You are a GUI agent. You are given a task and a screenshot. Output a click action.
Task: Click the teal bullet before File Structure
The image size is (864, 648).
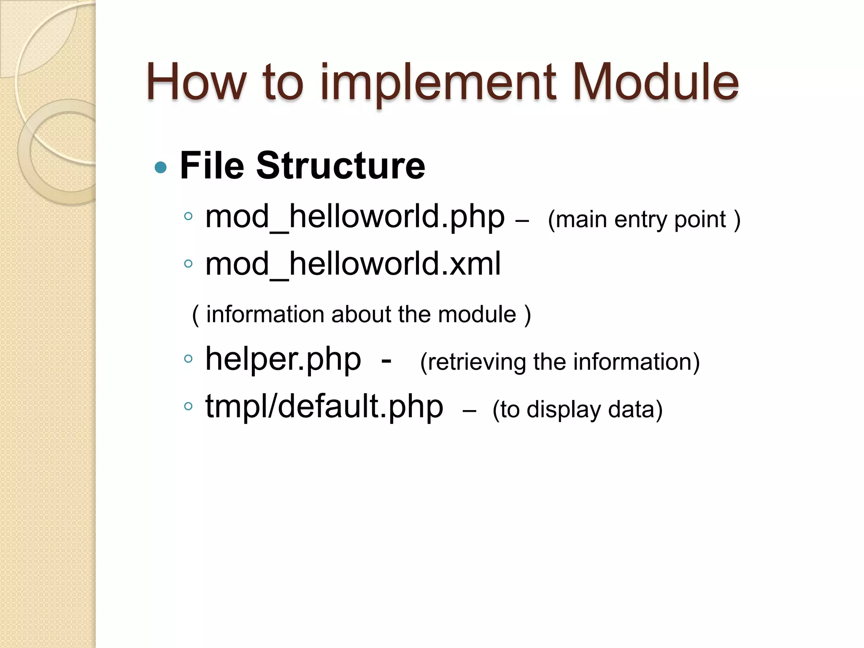[161, 167]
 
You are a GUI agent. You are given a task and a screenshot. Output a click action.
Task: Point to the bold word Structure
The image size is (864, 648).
[340, 165]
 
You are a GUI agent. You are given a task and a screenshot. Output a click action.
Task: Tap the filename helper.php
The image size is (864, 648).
[283, 359]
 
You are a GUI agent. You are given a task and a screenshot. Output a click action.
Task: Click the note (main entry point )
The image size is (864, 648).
[644, 220]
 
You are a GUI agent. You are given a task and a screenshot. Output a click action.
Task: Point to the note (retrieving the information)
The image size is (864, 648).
[560, 362]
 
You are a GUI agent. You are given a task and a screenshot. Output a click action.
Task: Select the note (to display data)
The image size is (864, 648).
[578, 410]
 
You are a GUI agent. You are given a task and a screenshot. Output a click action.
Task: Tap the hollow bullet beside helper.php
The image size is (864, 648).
[188, 359]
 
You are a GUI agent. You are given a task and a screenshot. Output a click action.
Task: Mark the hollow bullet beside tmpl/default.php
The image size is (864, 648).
[188, 407]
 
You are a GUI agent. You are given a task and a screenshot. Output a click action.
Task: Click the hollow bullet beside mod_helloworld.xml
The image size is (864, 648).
[188, 265]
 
